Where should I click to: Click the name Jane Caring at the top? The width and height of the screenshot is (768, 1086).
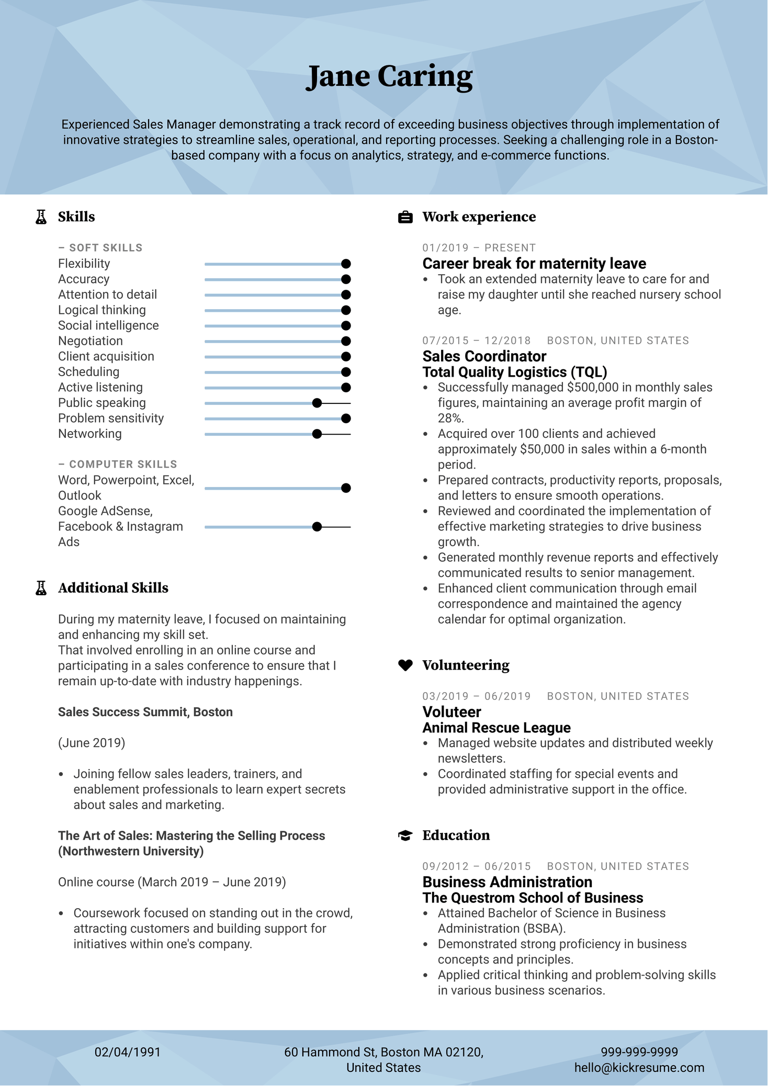389,77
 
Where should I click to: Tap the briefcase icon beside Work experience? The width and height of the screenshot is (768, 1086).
405,217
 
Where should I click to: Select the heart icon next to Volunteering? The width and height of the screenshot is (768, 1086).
405,665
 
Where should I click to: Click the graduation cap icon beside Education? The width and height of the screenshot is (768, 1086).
405,835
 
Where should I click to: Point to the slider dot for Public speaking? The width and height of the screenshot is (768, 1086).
317,403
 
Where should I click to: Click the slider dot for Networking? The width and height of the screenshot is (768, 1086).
317,434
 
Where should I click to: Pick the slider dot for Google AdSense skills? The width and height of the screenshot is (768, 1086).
317,527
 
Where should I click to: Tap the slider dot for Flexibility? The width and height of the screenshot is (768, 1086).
346,264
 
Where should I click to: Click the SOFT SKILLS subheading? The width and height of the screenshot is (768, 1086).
106,248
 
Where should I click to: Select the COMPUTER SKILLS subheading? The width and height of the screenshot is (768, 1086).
123,465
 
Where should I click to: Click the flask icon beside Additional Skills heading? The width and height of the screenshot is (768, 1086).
41,588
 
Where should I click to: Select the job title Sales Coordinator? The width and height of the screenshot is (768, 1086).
484,357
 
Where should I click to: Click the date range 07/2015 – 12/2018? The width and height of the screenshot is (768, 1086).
477,341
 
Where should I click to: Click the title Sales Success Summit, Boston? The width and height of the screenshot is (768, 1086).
145,712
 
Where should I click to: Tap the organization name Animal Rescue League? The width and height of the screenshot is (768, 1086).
496,728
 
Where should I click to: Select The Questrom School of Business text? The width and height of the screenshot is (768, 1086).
533,898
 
